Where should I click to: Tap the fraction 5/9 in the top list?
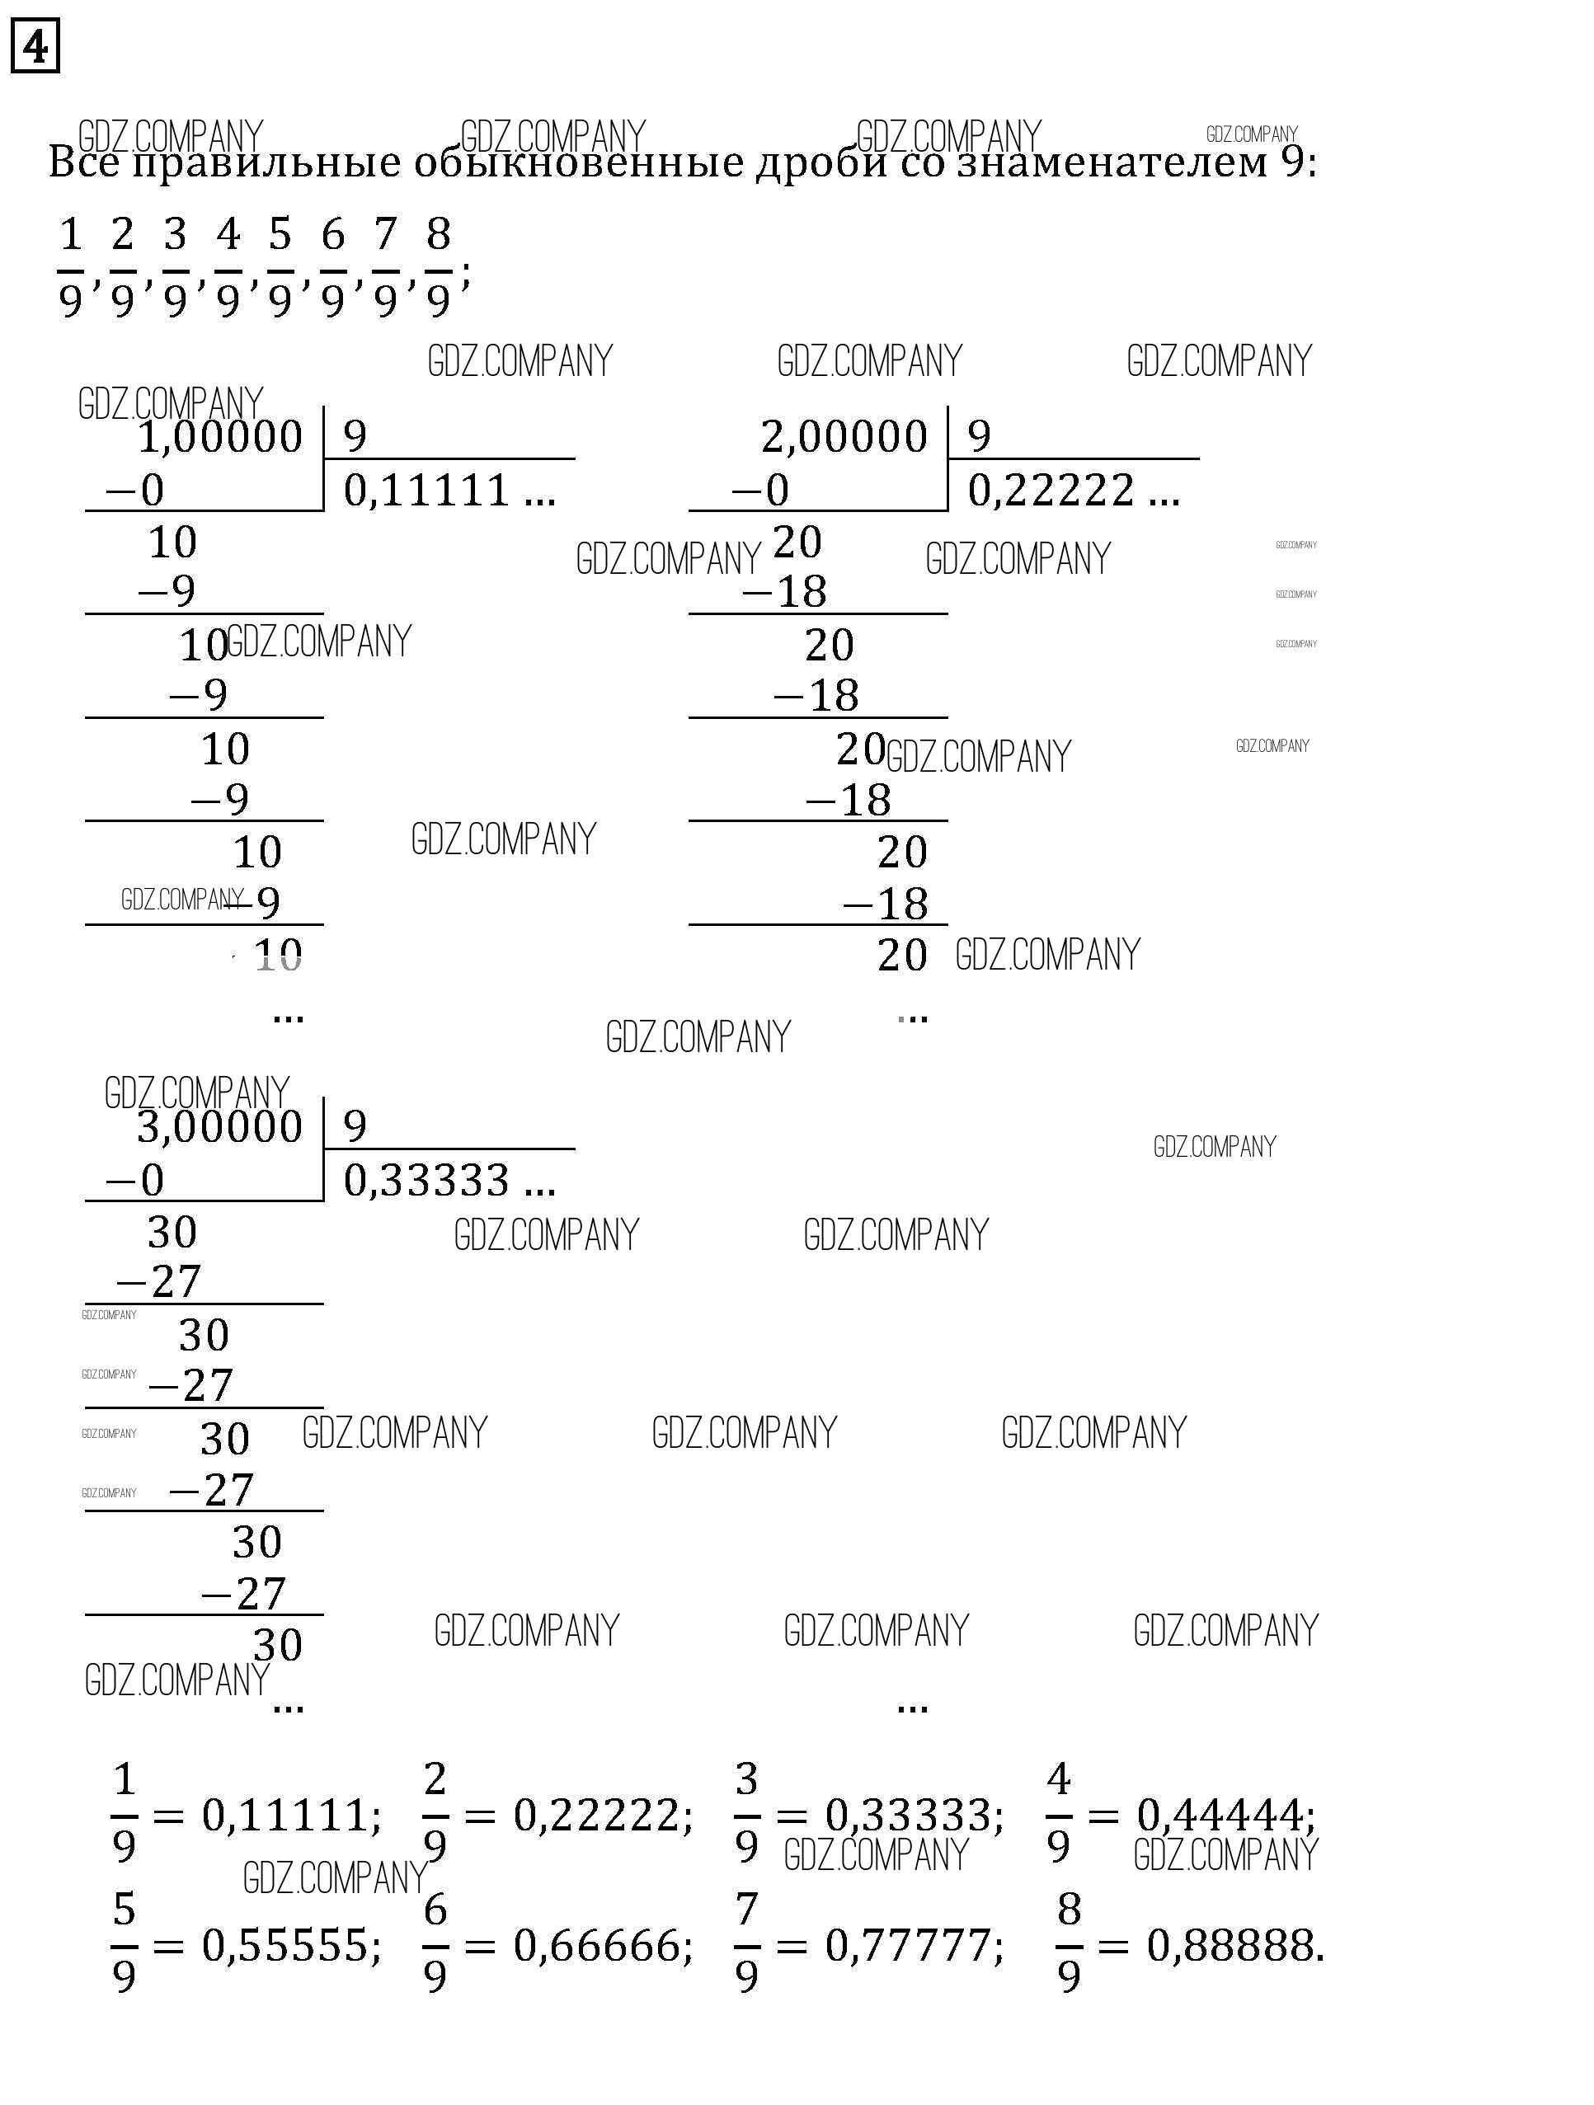pyautogui.click(x=280, y=267)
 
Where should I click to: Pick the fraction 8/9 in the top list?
pyautogui.click(x=438, y=267)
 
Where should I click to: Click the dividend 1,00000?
pyautogui.click(x=220, y=438)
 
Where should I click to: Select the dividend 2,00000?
pyautogui.click(x=843, y=438)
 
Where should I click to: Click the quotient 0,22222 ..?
pyautogui.click(x=1051, y=491)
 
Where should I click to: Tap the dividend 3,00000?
pyautogui.click(x=220, y=1128)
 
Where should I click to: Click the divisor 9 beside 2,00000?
pyautogui.click(x=979, y=436)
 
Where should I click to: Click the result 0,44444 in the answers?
pyautogui.click(x=1225, y=1816)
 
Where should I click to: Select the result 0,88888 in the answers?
pyautogui.click(x=1234, y=1945)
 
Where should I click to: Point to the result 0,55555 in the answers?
pyautogui.click(x=290, y=1945)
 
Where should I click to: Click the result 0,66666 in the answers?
pyautogui.click(x=601, y=1945)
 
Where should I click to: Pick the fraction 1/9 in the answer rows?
pyautogui.click(x=125, y=1814)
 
